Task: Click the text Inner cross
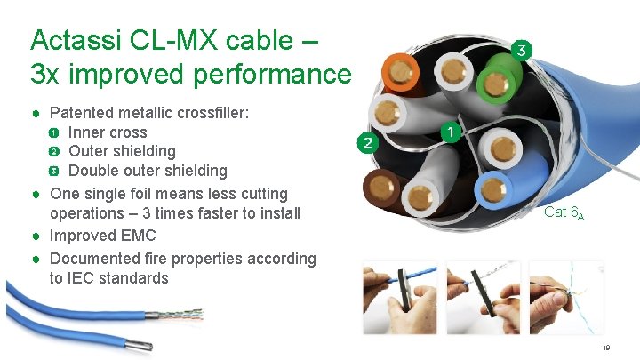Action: coord(108,132)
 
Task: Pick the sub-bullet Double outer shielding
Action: coord(148,170)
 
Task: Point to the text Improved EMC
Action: coord(102,236)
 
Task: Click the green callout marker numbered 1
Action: coord(452,133)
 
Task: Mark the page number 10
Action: coord(606,348)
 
